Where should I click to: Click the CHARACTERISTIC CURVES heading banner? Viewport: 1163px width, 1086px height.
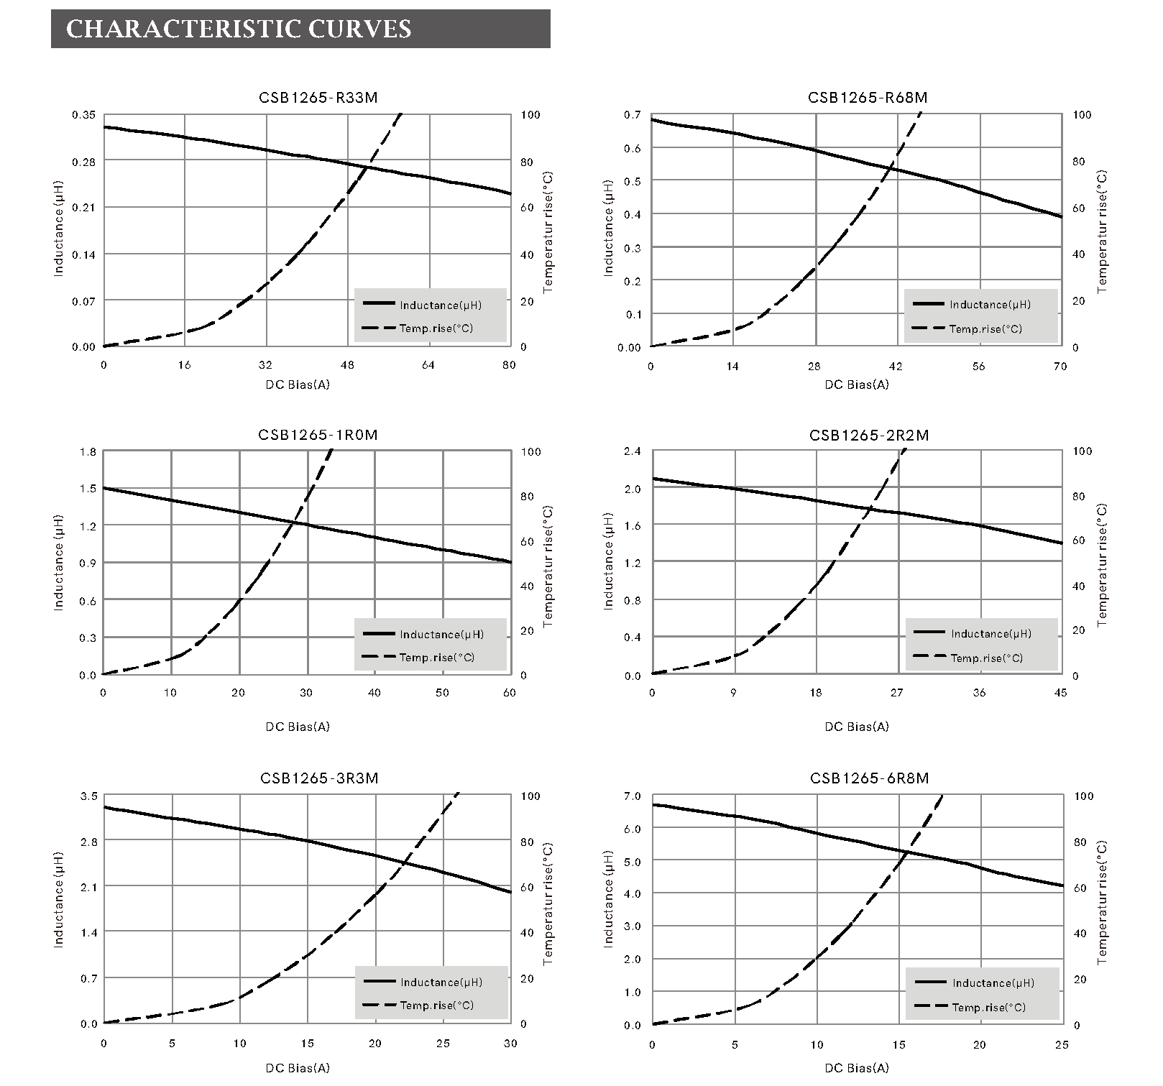coord(300,29)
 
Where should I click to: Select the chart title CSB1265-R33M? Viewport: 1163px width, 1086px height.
coord(318,98)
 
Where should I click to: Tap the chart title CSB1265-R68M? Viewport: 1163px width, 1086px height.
coord(868,98)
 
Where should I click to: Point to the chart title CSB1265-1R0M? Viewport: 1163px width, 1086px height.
coord(318,435)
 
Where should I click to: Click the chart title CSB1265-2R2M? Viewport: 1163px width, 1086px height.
coord(869,436)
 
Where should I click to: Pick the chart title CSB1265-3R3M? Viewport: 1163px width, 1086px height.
coord(319,778)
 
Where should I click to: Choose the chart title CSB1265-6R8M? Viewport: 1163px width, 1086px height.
coord(870,778)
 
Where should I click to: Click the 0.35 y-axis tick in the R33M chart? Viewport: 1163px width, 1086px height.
coord(83,115)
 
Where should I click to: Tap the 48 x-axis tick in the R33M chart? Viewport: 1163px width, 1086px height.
coord(347,365)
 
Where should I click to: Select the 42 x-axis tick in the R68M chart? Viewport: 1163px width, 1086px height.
coord(896,367)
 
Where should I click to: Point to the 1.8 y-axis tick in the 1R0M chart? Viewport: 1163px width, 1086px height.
coord(88,452)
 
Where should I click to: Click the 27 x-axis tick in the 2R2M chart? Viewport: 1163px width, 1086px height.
coord(897,694)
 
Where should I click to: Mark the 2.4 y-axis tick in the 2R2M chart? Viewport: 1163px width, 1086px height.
coord(633,451)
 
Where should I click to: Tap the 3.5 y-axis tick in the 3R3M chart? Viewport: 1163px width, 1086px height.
coord(88,796)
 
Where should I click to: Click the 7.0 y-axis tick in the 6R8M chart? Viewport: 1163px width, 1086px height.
coord(633,796)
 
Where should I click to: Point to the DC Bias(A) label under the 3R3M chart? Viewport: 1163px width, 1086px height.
coord(298,1069)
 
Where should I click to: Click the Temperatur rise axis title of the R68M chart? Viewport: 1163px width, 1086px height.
coord(1103,231)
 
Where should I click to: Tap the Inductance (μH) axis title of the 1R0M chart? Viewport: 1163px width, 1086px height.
coord(59,562)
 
